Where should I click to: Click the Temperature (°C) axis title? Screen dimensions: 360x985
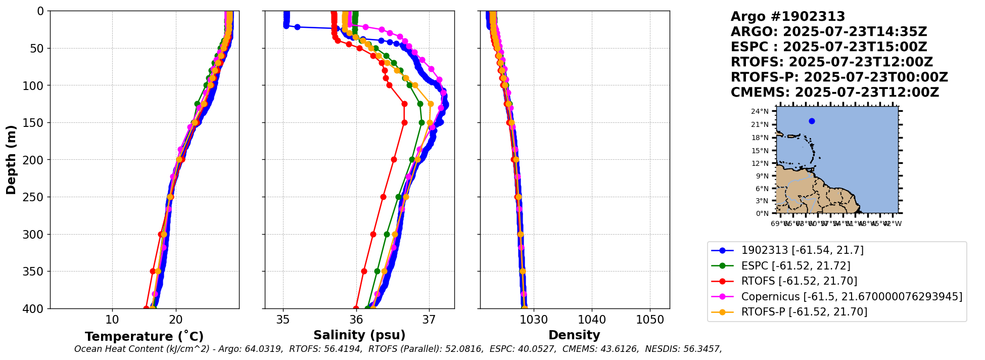(x=144, y=337)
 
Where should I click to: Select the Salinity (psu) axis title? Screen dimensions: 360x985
(x=359, y=335)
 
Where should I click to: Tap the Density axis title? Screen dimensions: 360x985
(x=574, y=335)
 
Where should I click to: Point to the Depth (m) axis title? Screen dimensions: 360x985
(x=11, y=159)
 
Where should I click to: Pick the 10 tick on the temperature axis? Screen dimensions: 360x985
(x=112, y=320)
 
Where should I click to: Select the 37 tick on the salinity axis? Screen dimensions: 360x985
(x=429, y=320)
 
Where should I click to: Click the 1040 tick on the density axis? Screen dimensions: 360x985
(x=592, y=320)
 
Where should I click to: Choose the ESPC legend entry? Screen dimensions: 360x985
(x=795, y=266)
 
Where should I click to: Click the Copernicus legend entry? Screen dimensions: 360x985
(x=851, y=297)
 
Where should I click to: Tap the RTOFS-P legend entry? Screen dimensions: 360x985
(x=804, y=312)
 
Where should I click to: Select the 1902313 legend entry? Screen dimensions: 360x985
(x=802, y=250)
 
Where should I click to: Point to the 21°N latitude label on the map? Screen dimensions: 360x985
(x=760, y=124)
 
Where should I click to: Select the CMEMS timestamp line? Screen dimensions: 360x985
(x=834, y=93)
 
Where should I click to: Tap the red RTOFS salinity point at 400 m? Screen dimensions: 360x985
(x=356, y=308)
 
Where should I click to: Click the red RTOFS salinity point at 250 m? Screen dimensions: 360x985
(x=383, y=197)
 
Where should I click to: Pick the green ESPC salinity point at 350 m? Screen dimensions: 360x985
(x=377, y=271)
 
